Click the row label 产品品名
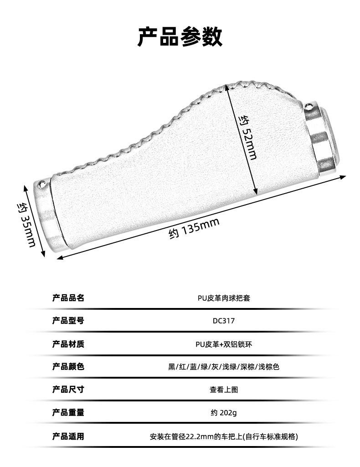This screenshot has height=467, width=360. coord(68,298)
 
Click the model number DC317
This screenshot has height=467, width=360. coord(224,321)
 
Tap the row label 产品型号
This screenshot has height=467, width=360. coord(68,321)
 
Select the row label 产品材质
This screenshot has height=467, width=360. coord(68,344)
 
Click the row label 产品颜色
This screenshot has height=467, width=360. coord(68,367)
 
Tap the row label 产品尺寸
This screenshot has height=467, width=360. coord(68,390)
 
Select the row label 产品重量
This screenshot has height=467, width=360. coord(68,413)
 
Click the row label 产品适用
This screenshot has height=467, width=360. coord(68,436)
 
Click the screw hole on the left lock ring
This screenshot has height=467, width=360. coord(43,184)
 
